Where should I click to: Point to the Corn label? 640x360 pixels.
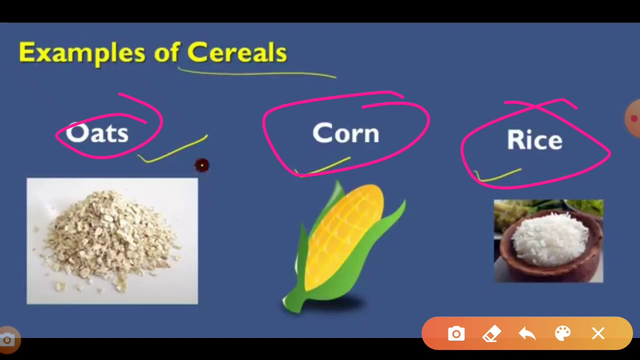[345, 134]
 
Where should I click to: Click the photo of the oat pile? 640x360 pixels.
[112, 241]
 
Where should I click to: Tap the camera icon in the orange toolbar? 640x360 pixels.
[456, 333]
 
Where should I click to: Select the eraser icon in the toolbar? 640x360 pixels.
[491, 333]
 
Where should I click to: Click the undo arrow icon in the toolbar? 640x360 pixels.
[527, 333]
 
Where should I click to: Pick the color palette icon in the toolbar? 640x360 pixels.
[562, 333]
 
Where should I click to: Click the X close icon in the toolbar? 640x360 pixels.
[598, 333]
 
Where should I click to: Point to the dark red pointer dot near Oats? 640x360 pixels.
[202, 165]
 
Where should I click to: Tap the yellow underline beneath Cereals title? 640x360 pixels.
[257, 73]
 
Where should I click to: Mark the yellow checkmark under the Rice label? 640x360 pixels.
[497, 176]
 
